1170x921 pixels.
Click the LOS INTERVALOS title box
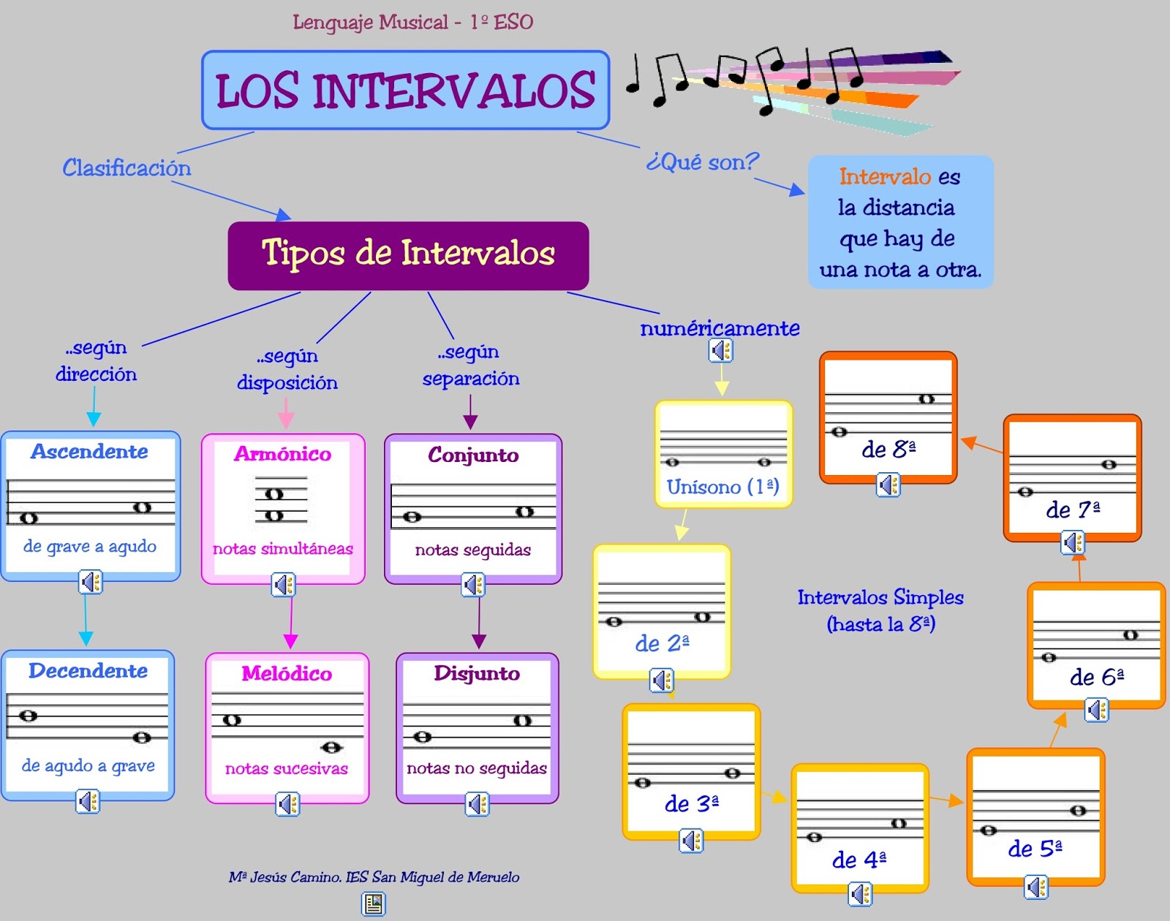pos(406,90)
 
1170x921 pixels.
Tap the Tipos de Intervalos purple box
pos(408,254)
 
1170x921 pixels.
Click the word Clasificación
pos(127,168)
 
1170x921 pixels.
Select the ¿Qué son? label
pos(702,162)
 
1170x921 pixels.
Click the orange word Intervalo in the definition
pos(885,177)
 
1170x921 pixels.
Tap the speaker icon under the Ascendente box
pos(91,583)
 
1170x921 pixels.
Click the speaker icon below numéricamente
pos(721,351)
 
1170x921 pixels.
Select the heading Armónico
pos(283,454)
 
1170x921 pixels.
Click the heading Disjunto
pos(477,673)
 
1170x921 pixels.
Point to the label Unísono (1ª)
pos(722,487)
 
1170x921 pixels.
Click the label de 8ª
pos(888,449)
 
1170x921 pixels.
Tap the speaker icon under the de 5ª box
pos(1036,887)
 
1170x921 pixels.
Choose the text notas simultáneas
pos(283,549)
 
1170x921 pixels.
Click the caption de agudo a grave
pos(88,766)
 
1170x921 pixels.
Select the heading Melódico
pos(287,673)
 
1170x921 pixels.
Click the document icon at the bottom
pos(374,905)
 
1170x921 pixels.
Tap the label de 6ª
pos(1096,677)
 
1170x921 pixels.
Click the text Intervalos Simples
pos(880,598)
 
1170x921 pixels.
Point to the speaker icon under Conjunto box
pos(473,585)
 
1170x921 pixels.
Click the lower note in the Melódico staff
pos(331,747)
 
